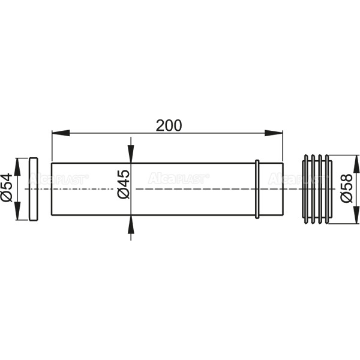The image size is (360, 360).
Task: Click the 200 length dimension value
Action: (x=169, y=125)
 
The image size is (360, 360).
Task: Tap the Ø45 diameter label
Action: (x=124, y=184)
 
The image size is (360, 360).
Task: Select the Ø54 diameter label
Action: (x=7, y=187)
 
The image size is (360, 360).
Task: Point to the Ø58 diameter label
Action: (x=346, y=188)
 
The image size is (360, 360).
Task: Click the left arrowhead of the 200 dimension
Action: (x=61, y=133)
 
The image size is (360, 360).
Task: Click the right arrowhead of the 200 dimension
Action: (x=274, y=133)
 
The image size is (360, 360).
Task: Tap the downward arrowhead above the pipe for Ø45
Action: (x=131, y=154)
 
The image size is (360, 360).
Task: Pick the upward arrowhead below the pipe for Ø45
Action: (x=131, y=224)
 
